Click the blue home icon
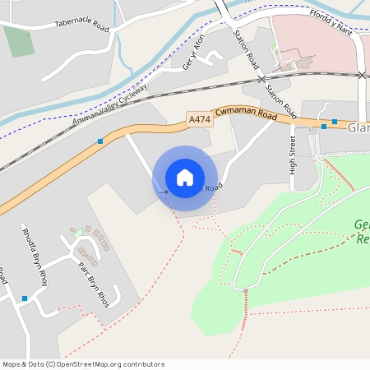[185, 178]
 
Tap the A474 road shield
[199, 119]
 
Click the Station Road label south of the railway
[280, 97]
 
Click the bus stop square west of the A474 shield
[100, 141]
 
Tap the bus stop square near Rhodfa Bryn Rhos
[25, 298]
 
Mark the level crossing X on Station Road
[261, 79]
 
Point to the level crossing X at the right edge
[362, 75]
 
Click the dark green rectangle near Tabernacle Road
[17, 41]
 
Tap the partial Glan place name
[358, 128]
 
